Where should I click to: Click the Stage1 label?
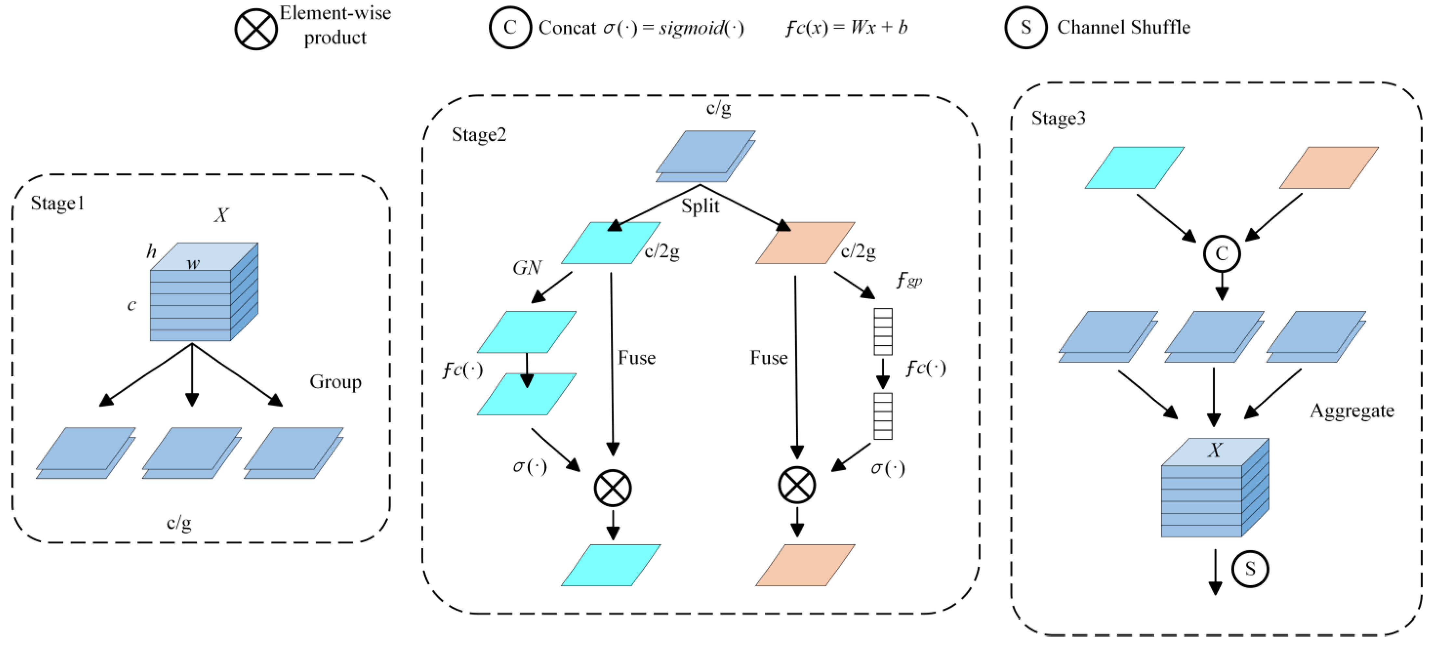point(57,203)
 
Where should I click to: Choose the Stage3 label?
point(1057,118)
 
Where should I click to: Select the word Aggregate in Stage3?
point(1351,411)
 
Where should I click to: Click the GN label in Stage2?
point(526,268)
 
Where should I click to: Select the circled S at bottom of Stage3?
point(1250,569)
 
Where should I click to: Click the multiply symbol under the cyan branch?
point(613,488)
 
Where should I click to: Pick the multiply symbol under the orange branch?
point(797,485)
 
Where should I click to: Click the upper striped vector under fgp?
point(883,332)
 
